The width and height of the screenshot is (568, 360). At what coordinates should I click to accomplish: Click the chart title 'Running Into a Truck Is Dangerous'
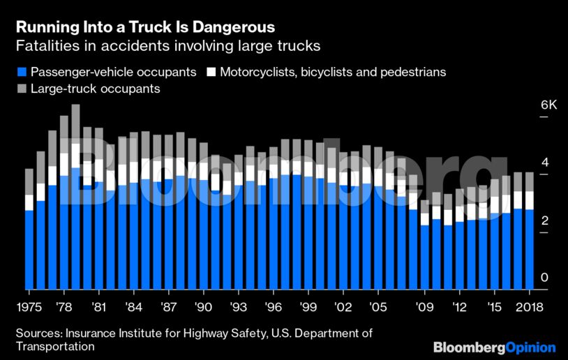145,27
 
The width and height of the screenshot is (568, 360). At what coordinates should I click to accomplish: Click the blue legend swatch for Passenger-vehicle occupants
21,72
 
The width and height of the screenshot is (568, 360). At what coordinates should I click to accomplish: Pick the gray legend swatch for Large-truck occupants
21,89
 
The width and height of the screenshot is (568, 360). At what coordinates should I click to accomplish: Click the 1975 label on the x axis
29,307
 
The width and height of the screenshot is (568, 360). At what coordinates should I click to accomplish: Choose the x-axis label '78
63,307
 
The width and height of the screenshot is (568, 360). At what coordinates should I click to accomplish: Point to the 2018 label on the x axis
528,307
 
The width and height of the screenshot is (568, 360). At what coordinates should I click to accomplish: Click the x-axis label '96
273,307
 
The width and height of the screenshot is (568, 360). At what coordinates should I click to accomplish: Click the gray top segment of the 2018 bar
529,181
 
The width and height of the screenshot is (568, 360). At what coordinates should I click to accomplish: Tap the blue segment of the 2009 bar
424,257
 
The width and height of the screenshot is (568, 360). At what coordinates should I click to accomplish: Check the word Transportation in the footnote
55,346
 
